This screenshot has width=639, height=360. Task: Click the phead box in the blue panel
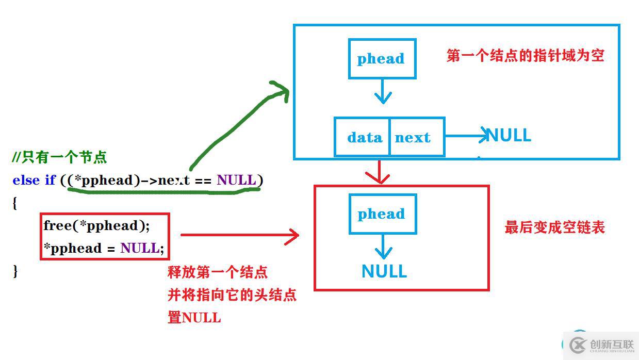(x=382, y=59)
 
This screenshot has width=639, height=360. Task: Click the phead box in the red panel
(x=382, y=214)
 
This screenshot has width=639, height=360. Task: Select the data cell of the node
(x=364, y=137)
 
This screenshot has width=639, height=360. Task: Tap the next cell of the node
(x=413, y=137)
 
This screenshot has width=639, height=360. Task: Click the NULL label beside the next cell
(x=509, y=136)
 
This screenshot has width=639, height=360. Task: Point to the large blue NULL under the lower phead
(x=384, y=271)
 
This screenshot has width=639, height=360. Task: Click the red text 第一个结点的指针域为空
(x=525, y=56)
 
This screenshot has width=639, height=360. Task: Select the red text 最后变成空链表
(x=554, y=227)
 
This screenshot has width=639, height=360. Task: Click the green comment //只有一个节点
(x=60, y=157)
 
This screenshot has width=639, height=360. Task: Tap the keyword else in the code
(x=26, y=180)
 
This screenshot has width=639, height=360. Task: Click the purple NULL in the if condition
(x=236, y=180)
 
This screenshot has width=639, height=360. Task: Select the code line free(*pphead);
(x=97, y=225)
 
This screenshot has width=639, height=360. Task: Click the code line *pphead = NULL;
(x=104, y=248)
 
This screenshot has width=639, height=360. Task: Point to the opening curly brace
(x=15, y=203)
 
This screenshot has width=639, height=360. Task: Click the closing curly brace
(x=15, y=271)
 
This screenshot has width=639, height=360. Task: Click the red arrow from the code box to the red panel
(x=240, y=236)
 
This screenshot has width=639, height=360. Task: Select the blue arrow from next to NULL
(x=466, y=136)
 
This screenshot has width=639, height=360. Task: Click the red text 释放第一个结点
(x=218, y=272)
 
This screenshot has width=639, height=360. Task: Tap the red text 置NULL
(x=194, y=317)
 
